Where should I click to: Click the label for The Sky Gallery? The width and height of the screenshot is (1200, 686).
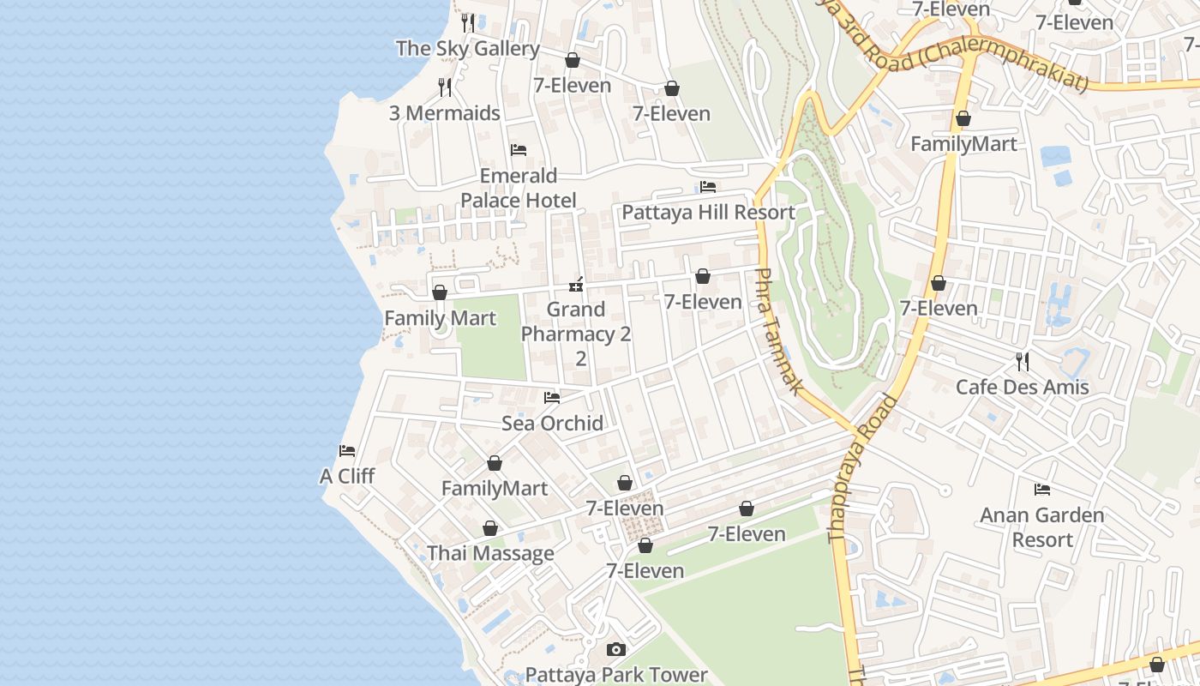point(467,49)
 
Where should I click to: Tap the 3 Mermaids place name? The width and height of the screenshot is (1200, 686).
point(445,113)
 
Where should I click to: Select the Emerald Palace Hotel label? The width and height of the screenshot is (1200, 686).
point(519,188)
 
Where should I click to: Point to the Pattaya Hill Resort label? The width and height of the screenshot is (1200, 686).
point(708,213)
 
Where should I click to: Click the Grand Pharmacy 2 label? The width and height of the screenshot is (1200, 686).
point(576,322)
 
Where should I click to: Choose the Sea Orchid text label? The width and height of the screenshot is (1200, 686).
point(552,423)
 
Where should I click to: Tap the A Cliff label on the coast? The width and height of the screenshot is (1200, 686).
point(347,476)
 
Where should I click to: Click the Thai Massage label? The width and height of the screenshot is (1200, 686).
point(490,553)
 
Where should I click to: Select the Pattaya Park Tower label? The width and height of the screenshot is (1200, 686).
point(616,675)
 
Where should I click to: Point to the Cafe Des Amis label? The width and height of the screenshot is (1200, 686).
point(1022,387)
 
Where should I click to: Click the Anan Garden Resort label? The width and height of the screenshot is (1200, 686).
point(1042,527)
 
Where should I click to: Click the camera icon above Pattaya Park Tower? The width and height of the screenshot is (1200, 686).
point(616,650)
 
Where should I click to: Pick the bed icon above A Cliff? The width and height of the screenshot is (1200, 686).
point(347,451)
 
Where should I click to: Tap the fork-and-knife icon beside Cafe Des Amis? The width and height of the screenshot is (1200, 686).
point(1022,361)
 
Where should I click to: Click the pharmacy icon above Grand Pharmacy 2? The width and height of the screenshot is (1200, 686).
point(576,285)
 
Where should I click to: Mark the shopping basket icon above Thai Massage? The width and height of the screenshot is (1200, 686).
point(490,528)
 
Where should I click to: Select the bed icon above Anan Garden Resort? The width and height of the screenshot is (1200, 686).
point(1042,490)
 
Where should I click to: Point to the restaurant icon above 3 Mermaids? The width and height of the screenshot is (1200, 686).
point(445,87)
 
